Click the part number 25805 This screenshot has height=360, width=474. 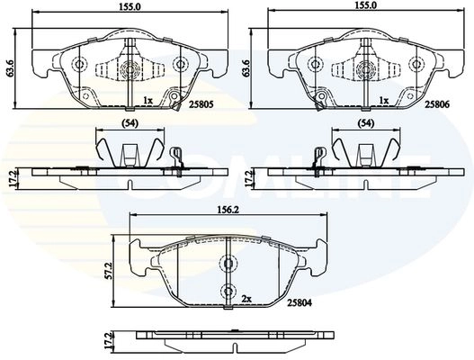point(201,104)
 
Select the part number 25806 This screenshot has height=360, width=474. point(437,104)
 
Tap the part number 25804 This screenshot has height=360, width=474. point(300,302)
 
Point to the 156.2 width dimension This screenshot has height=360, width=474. point(228,210)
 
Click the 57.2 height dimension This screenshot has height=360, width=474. point(110,271)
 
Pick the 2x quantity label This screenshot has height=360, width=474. point(246,299)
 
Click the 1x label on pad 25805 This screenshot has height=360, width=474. point(148,100)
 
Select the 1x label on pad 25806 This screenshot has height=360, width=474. point(384,100)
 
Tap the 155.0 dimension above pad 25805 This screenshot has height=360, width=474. point(130,6)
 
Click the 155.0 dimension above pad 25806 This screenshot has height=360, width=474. point(366,6)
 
